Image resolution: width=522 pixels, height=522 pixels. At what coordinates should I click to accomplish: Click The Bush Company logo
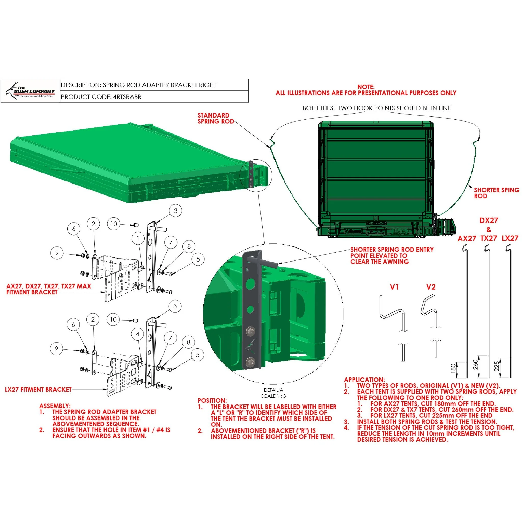(x=30, y=91)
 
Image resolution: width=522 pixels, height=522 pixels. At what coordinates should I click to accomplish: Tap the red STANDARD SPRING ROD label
(x=216, y=118)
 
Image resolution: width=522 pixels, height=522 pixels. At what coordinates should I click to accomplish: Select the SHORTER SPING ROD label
(x=496, y=193)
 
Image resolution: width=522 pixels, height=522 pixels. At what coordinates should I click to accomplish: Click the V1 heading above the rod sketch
(x=394, y=287)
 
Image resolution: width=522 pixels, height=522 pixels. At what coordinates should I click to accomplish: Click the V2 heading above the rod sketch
(x=431, y=287)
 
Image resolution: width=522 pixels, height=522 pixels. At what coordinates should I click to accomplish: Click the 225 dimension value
(x=497, y=366)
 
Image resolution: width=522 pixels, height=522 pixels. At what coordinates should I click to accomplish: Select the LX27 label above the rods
(x=510, y=238)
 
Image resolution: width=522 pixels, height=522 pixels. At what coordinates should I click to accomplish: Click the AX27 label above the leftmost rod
(x=467, y=238)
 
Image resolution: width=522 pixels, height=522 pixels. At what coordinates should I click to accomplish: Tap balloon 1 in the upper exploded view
(x=138, y=239)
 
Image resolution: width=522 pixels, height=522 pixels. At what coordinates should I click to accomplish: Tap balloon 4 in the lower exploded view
(x=138, y=334)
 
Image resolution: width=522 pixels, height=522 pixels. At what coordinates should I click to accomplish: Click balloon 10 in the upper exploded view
(x=114, y=224)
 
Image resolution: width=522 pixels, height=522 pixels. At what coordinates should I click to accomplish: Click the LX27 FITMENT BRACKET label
(x=38, y=390)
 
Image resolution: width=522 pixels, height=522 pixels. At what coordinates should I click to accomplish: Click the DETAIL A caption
(x=273, y=390)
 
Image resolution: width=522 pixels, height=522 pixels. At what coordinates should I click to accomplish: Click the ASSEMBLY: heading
(x=55, y=406)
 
